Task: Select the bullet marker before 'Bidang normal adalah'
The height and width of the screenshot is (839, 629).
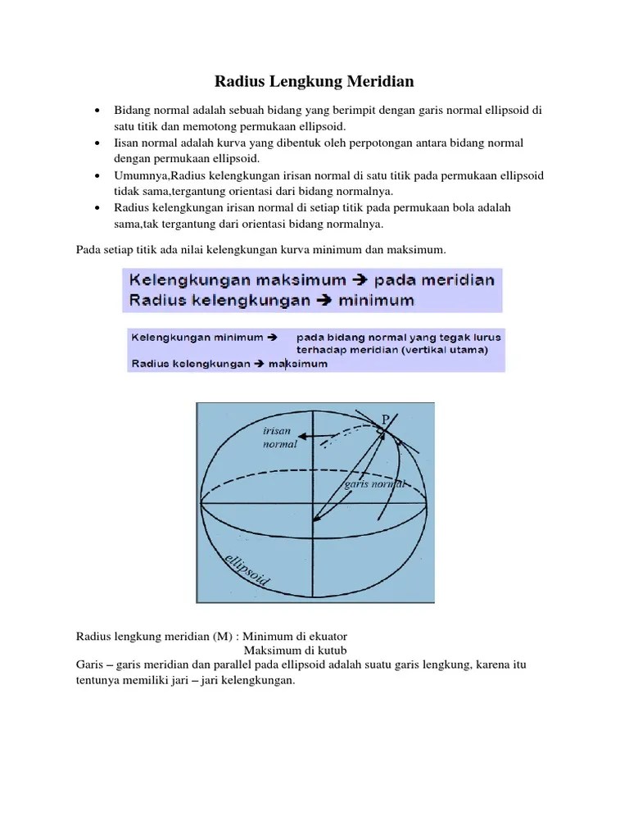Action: pyautogui.click(x=97, y=111)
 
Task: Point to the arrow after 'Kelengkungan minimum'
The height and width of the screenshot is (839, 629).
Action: pyautogui.click(x=273, y=337)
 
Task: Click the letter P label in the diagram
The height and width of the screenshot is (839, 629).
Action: pyautogui.click(x=386, y=419)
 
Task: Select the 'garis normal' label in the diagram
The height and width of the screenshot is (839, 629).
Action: pyautogui.click(x=374, y=483)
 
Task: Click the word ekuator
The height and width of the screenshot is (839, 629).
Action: pyautogui.click(x=328, y=636)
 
